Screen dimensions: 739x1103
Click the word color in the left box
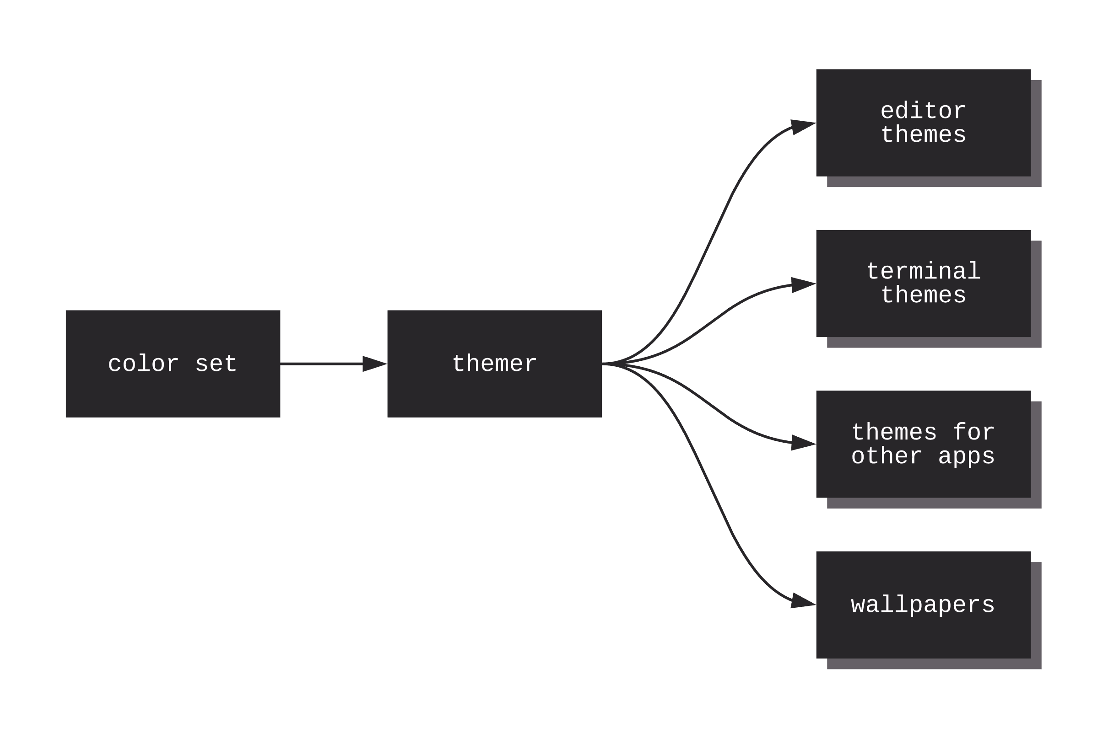143,364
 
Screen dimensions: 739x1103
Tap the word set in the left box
216,364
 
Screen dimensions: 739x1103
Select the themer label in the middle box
494,364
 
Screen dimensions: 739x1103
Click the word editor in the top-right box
923,111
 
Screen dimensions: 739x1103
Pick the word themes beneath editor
923,135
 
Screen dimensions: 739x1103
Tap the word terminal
923,272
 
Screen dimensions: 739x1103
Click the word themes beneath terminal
923,295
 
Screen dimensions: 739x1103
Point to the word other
886,456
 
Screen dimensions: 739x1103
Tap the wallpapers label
923,605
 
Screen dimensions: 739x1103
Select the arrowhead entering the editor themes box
803,126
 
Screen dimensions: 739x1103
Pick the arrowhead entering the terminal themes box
803,284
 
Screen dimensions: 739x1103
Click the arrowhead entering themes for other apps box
803,443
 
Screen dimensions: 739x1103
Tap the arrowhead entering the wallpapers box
803,602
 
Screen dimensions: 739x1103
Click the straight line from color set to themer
321,364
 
